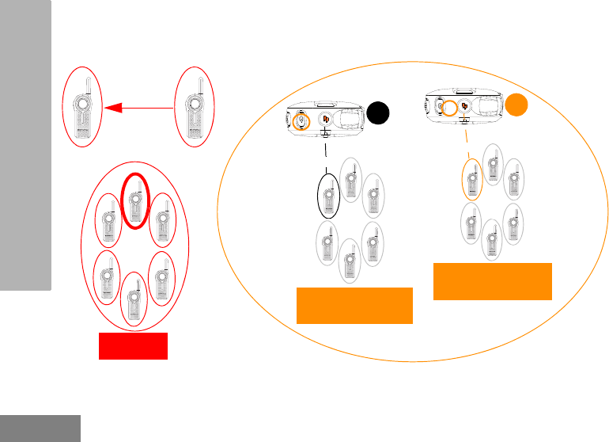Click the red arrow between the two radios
tap(138, 108)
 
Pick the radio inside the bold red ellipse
tap(134, 200)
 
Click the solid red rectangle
tap(133, 346)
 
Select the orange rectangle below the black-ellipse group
tap(354, 306)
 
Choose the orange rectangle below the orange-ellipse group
tap(493, 282)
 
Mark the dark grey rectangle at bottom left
tap(40, 428)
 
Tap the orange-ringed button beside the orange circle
tap(448, 108)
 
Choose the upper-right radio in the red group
tap(162, 218)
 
